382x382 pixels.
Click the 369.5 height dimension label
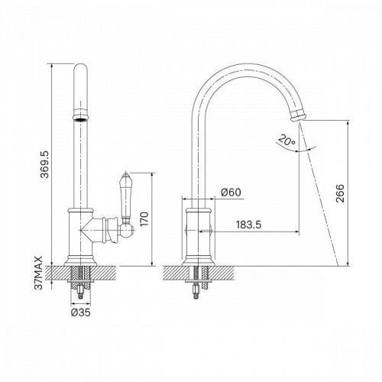(x=44, y=164)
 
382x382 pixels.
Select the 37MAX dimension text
(x=38, y=274)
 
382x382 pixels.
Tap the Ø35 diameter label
(x=81, y=312)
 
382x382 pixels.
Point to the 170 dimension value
(x=144, y=219)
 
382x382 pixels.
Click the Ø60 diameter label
(x=231, y=193)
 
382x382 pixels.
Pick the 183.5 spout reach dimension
(x=248, y=225)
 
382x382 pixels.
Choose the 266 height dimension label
(x=340, y=193)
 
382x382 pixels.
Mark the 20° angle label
(x=286, y=141)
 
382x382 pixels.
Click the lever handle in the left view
(x=125, y=196)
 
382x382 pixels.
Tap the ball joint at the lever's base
(x=127, y=230)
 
